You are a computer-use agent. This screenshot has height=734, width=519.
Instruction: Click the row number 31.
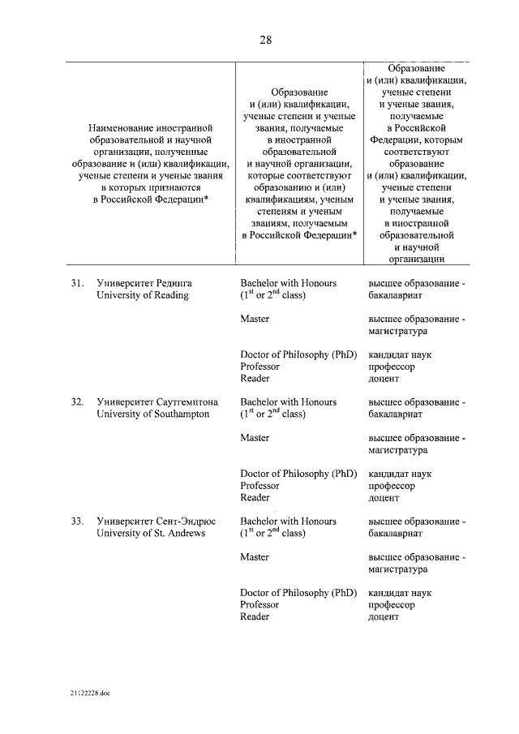click(77, 283)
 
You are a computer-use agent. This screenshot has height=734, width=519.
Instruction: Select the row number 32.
click(77, 401)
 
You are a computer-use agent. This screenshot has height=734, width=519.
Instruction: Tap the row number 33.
click(77, 521)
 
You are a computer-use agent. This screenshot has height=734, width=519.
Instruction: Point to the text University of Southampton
click(152, 414)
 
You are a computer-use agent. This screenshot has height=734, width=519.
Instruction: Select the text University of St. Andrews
click(151, 533)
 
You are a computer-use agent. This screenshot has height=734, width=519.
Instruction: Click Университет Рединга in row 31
click(149, 283)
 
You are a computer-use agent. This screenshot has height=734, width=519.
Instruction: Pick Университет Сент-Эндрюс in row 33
click(157, 521)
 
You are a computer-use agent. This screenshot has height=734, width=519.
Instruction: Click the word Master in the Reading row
click(255, 319)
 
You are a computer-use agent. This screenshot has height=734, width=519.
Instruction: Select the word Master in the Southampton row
click(255, 438)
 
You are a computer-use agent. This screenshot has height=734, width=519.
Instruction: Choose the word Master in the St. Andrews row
click(255, 557)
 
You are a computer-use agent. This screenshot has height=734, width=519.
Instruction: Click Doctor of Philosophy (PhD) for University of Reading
click(298, 354)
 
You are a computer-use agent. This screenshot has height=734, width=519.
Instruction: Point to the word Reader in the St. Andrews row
click(255, 616)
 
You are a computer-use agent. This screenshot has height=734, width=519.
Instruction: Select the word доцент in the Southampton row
click(384, 498)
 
